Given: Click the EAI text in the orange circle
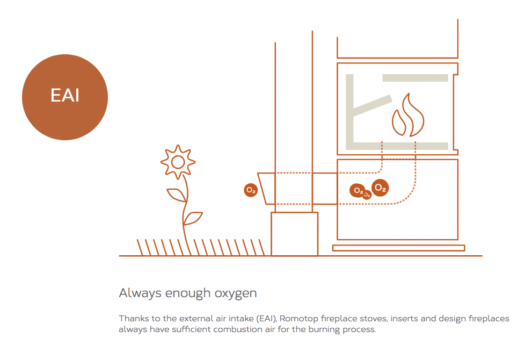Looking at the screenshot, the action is pos(65,96).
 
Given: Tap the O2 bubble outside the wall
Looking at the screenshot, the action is pos(251,190).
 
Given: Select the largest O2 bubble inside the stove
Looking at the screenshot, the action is pos(380,188).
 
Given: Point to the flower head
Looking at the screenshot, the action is pos(178,162).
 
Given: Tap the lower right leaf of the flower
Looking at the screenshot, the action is pos(193,218).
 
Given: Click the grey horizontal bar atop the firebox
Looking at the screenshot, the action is pos(416,78).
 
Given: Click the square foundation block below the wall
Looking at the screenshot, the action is pos(295,234).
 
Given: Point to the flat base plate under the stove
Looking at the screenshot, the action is pos(399,248).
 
